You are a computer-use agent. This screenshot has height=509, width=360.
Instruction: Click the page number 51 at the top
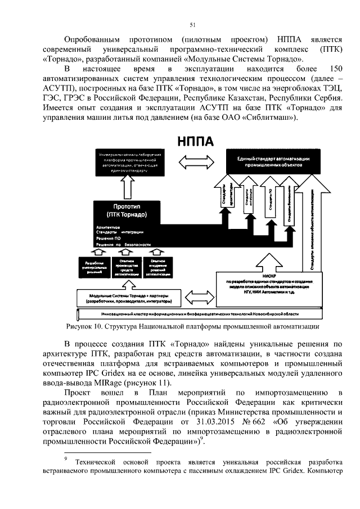coord(192,24)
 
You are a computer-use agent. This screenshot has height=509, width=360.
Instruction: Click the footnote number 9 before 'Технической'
coord(66,458)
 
